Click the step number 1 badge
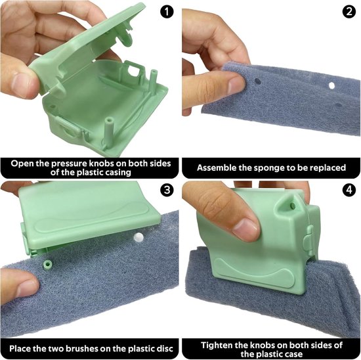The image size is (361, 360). [167, 12]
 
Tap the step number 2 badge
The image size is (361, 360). [349, 12]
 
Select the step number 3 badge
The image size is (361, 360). [167, 191]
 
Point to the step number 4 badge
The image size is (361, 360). [349, 191]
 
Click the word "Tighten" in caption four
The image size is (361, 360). [217, 346]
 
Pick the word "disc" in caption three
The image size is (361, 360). [165, 348]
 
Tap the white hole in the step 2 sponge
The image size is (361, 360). [331, 86]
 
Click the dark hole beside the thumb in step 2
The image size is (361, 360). [258, 81]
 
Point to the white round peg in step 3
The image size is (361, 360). [138, 237]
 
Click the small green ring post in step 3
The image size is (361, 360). [48, 263]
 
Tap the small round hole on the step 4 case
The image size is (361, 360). [293, 205]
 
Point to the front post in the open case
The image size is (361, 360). [109, 133]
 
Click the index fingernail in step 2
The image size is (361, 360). [236, 85]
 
